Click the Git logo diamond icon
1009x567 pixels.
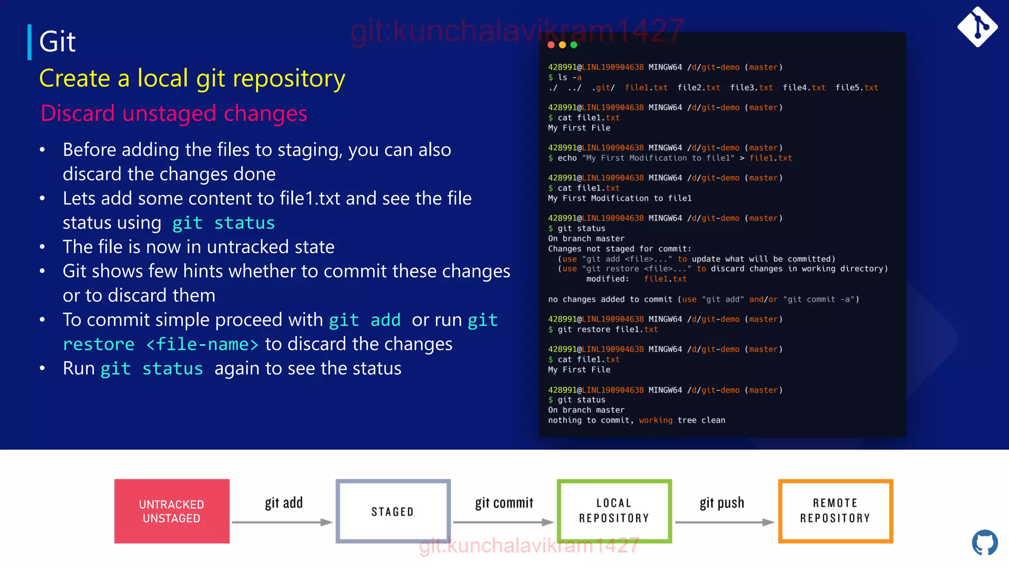pos(977,27)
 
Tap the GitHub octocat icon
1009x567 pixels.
pos(984,542)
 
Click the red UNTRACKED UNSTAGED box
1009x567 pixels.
pos(171,511)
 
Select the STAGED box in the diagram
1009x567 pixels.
pos(393,511)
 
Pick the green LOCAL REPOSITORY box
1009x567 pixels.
pos(614,511)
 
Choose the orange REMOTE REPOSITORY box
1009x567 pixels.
pos(835,511)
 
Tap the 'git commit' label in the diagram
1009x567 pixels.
pos(504,503)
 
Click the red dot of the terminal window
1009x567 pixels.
pos(551,45)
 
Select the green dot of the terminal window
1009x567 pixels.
pos(573,45)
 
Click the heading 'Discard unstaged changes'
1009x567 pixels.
pos(173,113)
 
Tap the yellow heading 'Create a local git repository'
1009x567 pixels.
pos(192,78)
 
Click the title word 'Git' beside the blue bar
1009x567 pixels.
pos(57,41)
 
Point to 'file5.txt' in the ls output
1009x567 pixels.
pos(856,88)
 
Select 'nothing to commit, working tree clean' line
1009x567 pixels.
pos(636,420)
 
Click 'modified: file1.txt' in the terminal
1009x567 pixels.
pos(636,279)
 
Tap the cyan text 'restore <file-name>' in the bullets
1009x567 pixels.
pos(160,344)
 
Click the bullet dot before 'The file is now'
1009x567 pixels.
pos(42,247)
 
